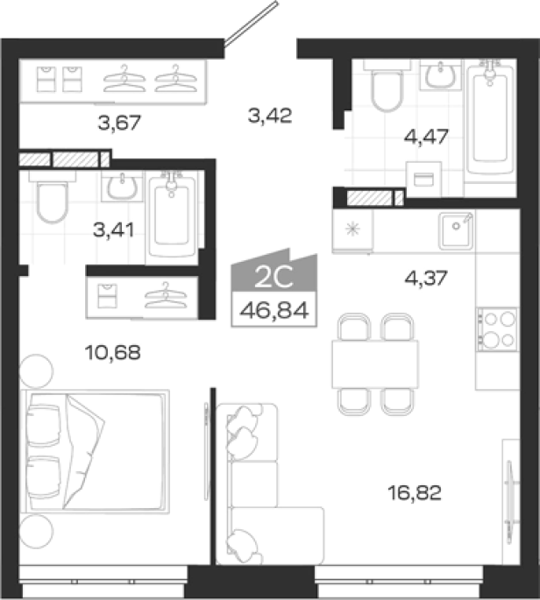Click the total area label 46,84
274,310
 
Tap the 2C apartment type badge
274,278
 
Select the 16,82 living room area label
415,492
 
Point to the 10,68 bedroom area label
112,352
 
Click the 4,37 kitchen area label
426,278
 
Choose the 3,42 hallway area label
270,115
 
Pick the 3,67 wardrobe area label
119,123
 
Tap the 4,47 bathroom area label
426,137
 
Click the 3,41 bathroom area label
114,230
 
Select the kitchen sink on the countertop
456,229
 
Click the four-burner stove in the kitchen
498,329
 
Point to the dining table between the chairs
375,364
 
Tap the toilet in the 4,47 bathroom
387,86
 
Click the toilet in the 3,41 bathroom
53,197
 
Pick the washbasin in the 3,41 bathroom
122,187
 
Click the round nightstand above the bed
36,371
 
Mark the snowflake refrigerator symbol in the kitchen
352,229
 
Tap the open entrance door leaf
251,24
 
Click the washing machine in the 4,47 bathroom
423,179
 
